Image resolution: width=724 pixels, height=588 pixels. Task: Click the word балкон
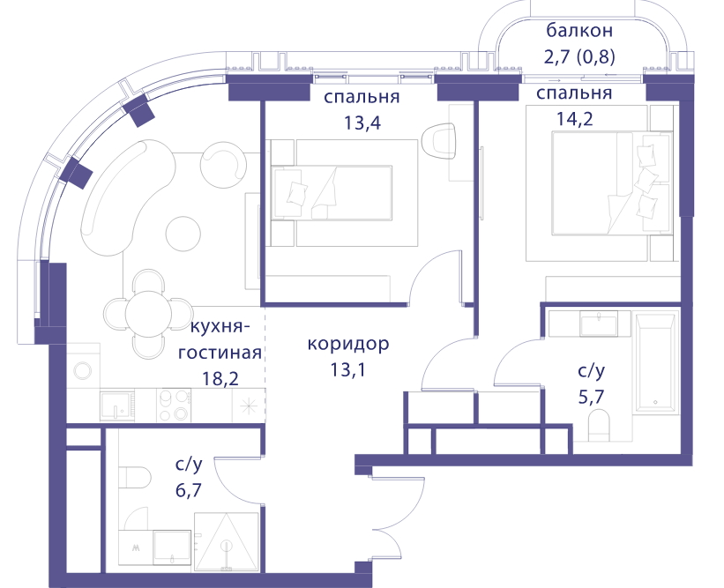pyautogui.click(x=579, y=31)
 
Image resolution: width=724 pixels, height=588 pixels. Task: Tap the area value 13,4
pyautogui.click(x=362, y=123)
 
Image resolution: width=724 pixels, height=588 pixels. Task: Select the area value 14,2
pyautogui.click(x=574, y=119)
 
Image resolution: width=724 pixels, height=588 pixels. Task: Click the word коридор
pyautogui.click(x=348, y=345)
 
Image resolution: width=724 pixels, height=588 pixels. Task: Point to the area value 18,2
pyautogui.click(x=220, y=378)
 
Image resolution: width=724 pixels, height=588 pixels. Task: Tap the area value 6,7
pyautogui.click(x=189, y=489)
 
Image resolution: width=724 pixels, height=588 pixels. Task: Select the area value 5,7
pyautogui.click(x=592, y=396)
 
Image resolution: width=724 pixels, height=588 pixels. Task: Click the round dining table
pyautogui.click(x=148, y=315)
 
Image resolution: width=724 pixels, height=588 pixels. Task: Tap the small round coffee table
pyautogui.click(x=183, y=234)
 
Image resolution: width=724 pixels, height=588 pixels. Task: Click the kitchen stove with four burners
pyautogui.click(x=174, y=405)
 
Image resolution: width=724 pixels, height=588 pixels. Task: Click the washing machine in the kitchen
pyautogui.click(x=84, y=370)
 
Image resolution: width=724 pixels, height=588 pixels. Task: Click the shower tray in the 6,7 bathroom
pyautogui.click(x=227, y=542)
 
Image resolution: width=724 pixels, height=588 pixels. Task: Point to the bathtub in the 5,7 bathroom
pyautogui.click(x=656, y=362)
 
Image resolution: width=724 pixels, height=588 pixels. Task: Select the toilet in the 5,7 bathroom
pyautogui.click(x=600, y=427)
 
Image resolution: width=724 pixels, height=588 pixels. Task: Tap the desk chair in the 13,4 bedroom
pyautogui.click(x=438, y=140)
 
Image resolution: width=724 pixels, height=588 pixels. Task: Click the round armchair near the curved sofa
pyautogui.click(x=223, y=165)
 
